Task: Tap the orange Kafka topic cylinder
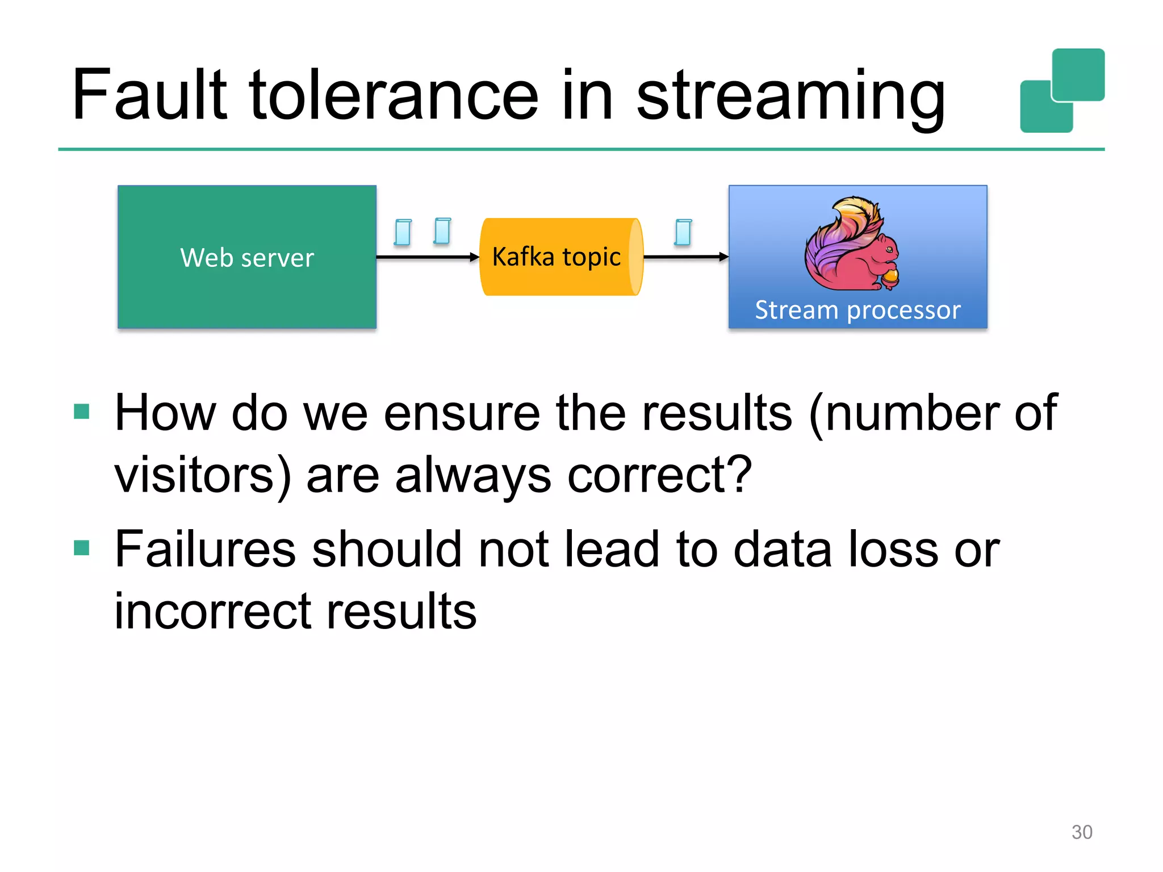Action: point(560,257)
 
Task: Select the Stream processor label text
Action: point(857,310)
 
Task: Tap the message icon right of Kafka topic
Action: point(683,232)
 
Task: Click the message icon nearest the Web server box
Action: point(403,232)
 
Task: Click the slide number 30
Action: point(1081,832)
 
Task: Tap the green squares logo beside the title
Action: point(1062,91)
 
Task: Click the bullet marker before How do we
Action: point(82,412)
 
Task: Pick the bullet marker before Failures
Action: point(82,548)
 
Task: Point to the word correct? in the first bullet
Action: point(659,475)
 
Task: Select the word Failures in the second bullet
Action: point(205,549)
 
